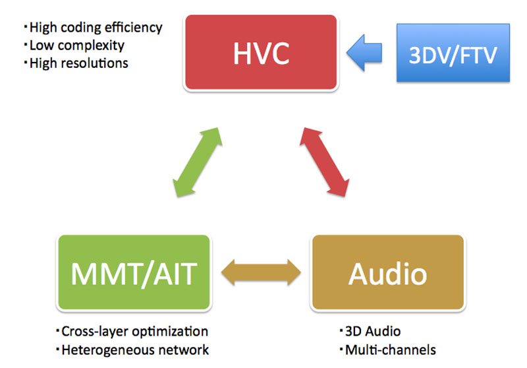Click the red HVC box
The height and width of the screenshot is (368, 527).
click(x=261, y=53)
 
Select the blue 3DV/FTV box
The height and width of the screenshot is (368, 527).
click(x=453, y=53)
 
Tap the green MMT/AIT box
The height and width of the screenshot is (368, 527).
click(x=134, y=272)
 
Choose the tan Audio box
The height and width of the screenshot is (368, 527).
click(x=388, y=272)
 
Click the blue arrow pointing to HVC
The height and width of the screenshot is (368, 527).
click(x=364, y=53)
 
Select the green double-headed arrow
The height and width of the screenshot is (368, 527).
click(x=197, y=162)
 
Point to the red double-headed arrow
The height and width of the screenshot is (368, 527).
click(x=324, y=162)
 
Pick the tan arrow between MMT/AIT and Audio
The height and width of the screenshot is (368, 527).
click(x=261, y=272)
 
